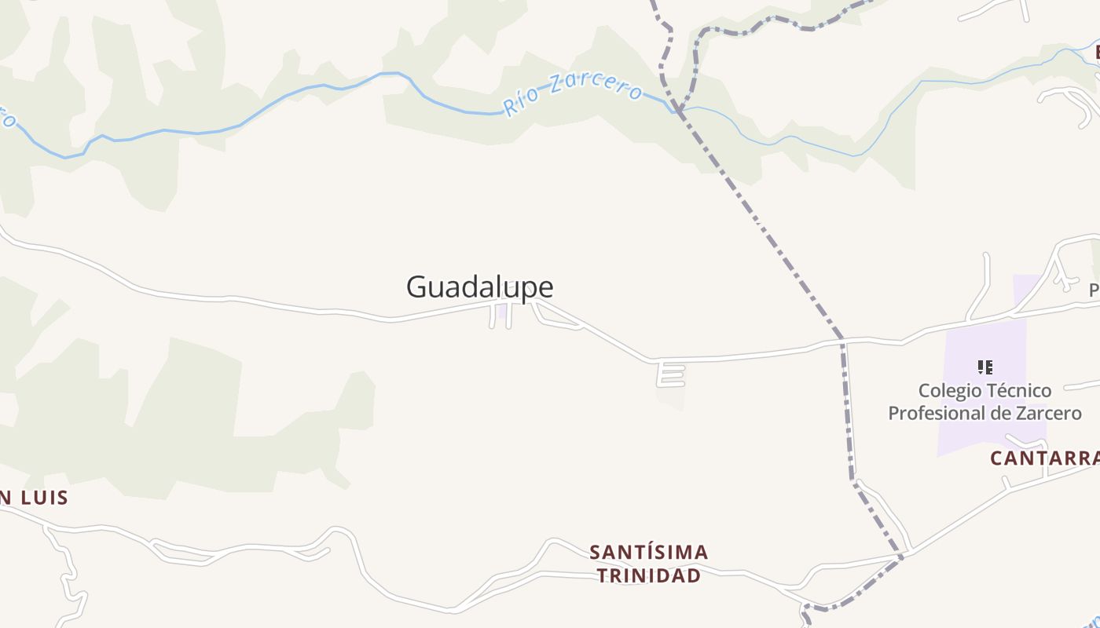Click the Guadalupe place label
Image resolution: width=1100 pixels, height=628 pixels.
tap(479, 287)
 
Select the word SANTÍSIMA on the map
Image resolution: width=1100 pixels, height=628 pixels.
tap(649, 553)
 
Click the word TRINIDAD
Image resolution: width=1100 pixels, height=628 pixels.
tap(649, 575)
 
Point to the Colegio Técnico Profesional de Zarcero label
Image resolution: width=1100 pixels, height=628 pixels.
tap(984, 401)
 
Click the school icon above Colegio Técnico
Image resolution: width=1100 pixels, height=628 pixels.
tap(985, 367)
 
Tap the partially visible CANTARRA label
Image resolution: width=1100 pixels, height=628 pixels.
tap(1043, 458)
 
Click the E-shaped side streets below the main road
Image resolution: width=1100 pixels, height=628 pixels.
tap(671, 374)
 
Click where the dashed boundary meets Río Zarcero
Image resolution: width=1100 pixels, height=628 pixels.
tap(676, 109)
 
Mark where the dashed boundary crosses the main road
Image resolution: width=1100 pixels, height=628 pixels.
tap(842, 341)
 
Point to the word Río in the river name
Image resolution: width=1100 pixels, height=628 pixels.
tap(520, 103)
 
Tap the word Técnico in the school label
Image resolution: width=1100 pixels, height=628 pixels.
tap(1021, 390)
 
